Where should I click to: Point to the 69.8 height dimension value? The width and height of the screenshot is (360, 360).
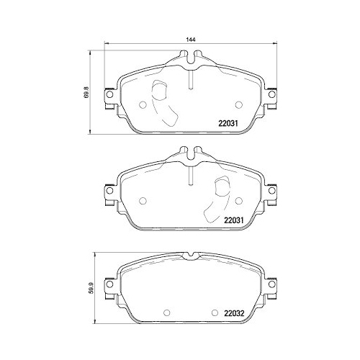pos(87,93)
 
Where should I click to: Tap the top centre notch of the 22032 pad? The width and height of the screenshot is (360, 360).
pos(189,255)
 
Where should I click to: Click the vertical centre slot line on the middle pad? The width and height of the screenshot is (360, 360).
pos(189,175)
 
